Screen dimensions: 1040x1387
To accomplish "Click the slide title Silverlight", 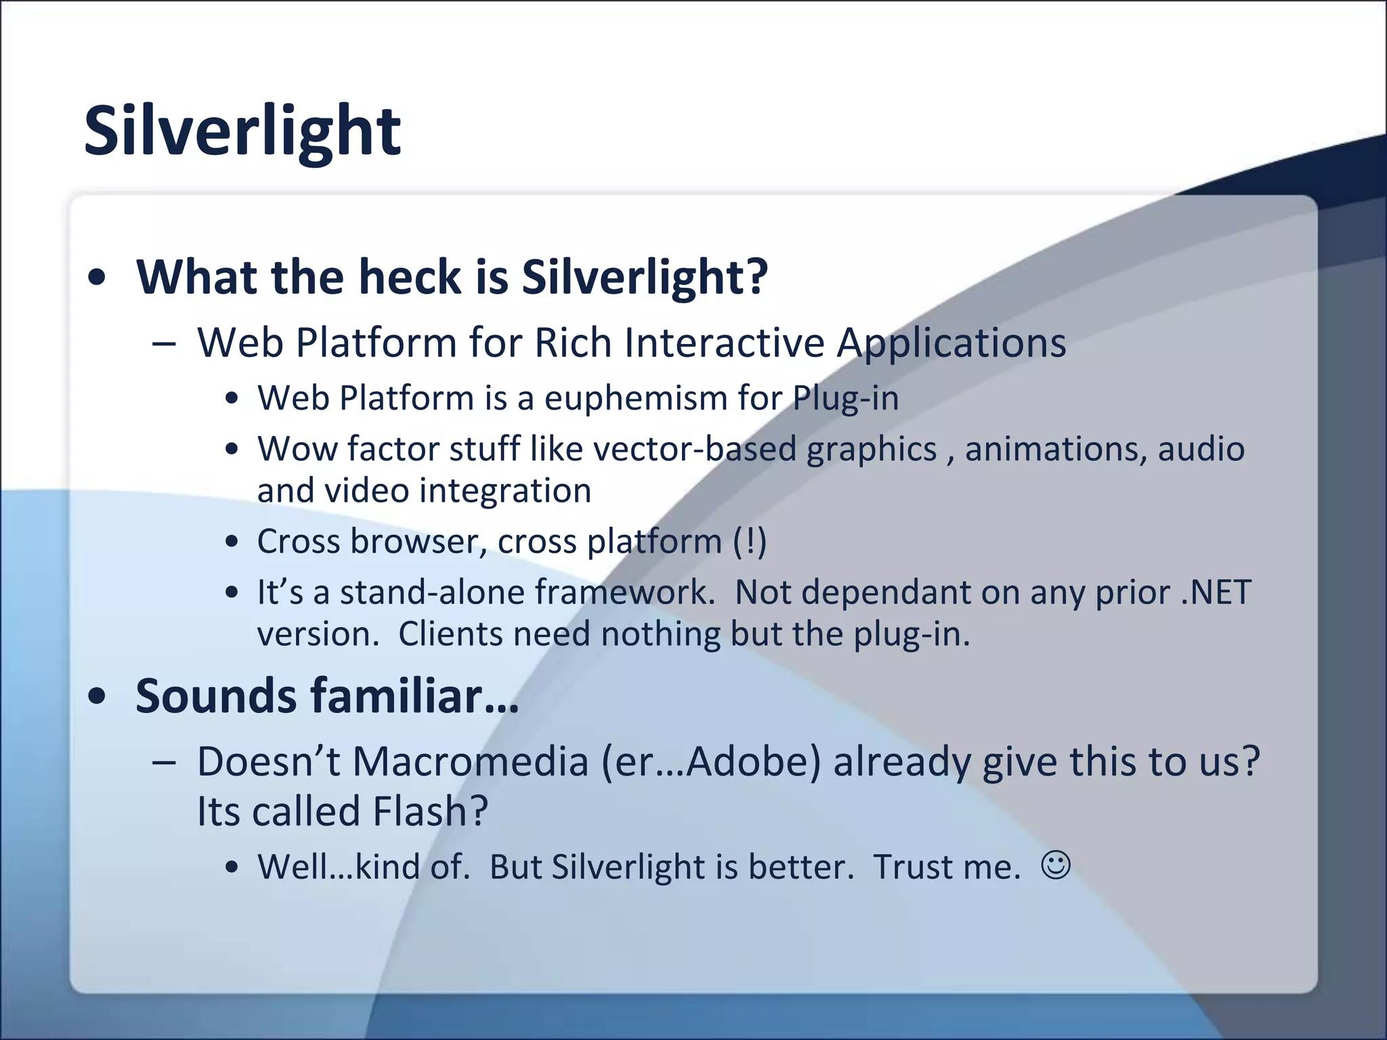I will click(242, 131).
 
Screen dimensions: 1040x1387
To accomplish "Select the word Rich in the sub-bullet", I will click(573, 343).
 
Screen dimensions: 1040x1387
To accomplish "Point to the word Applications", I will click(951, 343).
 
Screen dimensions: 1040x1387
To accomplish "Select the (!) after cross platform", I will click(750, 542).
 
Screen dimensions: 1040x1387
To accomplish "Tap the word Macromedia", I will click(470, 762).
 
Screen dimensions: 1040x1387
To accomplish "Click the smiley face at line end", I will click(1055, 865).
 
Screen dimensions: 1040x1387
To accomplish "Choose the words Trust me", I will click(945, 867).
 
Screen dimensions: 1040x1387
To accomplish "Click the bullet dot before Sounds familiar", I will click(98, 697).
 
